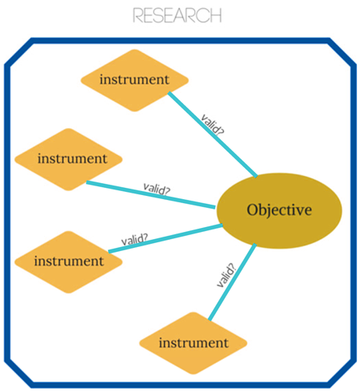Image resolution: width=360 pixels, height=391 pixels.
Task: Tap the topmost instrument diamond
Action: [135, 80]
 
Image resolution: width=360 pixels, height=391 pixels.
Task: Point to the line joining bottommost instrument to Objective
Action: [232, 284]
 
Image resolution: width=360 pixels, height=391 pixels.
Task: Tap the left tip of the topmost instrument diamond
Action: [82, 80]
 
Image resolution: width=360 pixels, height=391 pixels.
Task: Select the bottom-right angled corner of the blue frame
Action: [343, 369]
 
